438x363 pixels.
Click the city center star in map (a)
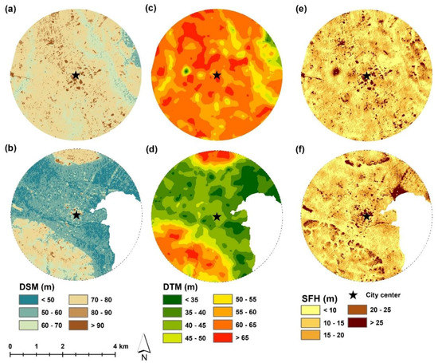click(76, 75)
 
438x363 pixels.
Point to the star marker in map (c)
click(217, 75)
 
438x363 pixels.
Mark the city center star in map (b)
click(76, 215)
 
